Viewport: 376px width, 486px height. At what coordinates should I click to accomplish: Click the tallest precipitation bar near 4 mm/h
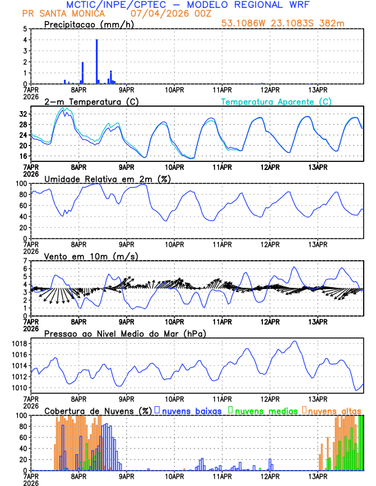pos(96,61)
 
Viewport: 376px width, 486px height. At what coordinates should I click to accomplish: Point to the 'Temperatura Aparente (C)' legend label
pos(276,101)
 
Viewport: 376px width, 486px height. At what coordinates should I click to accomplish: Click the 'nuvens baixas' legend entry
pos(190,410)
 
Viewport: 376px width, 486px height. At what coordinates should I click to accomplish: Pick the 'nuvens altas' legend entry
pos(334,410)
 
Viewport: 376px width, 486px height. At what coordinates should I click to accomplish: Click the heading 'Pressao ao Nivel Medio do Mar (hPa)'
pos(125,333)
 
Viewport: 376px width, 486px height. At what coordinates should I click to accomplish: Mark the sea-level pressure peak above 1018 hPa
pos(295,341)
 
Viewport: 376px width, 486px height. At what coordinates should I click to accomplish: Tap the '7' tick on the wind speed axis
pos(25,261)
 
